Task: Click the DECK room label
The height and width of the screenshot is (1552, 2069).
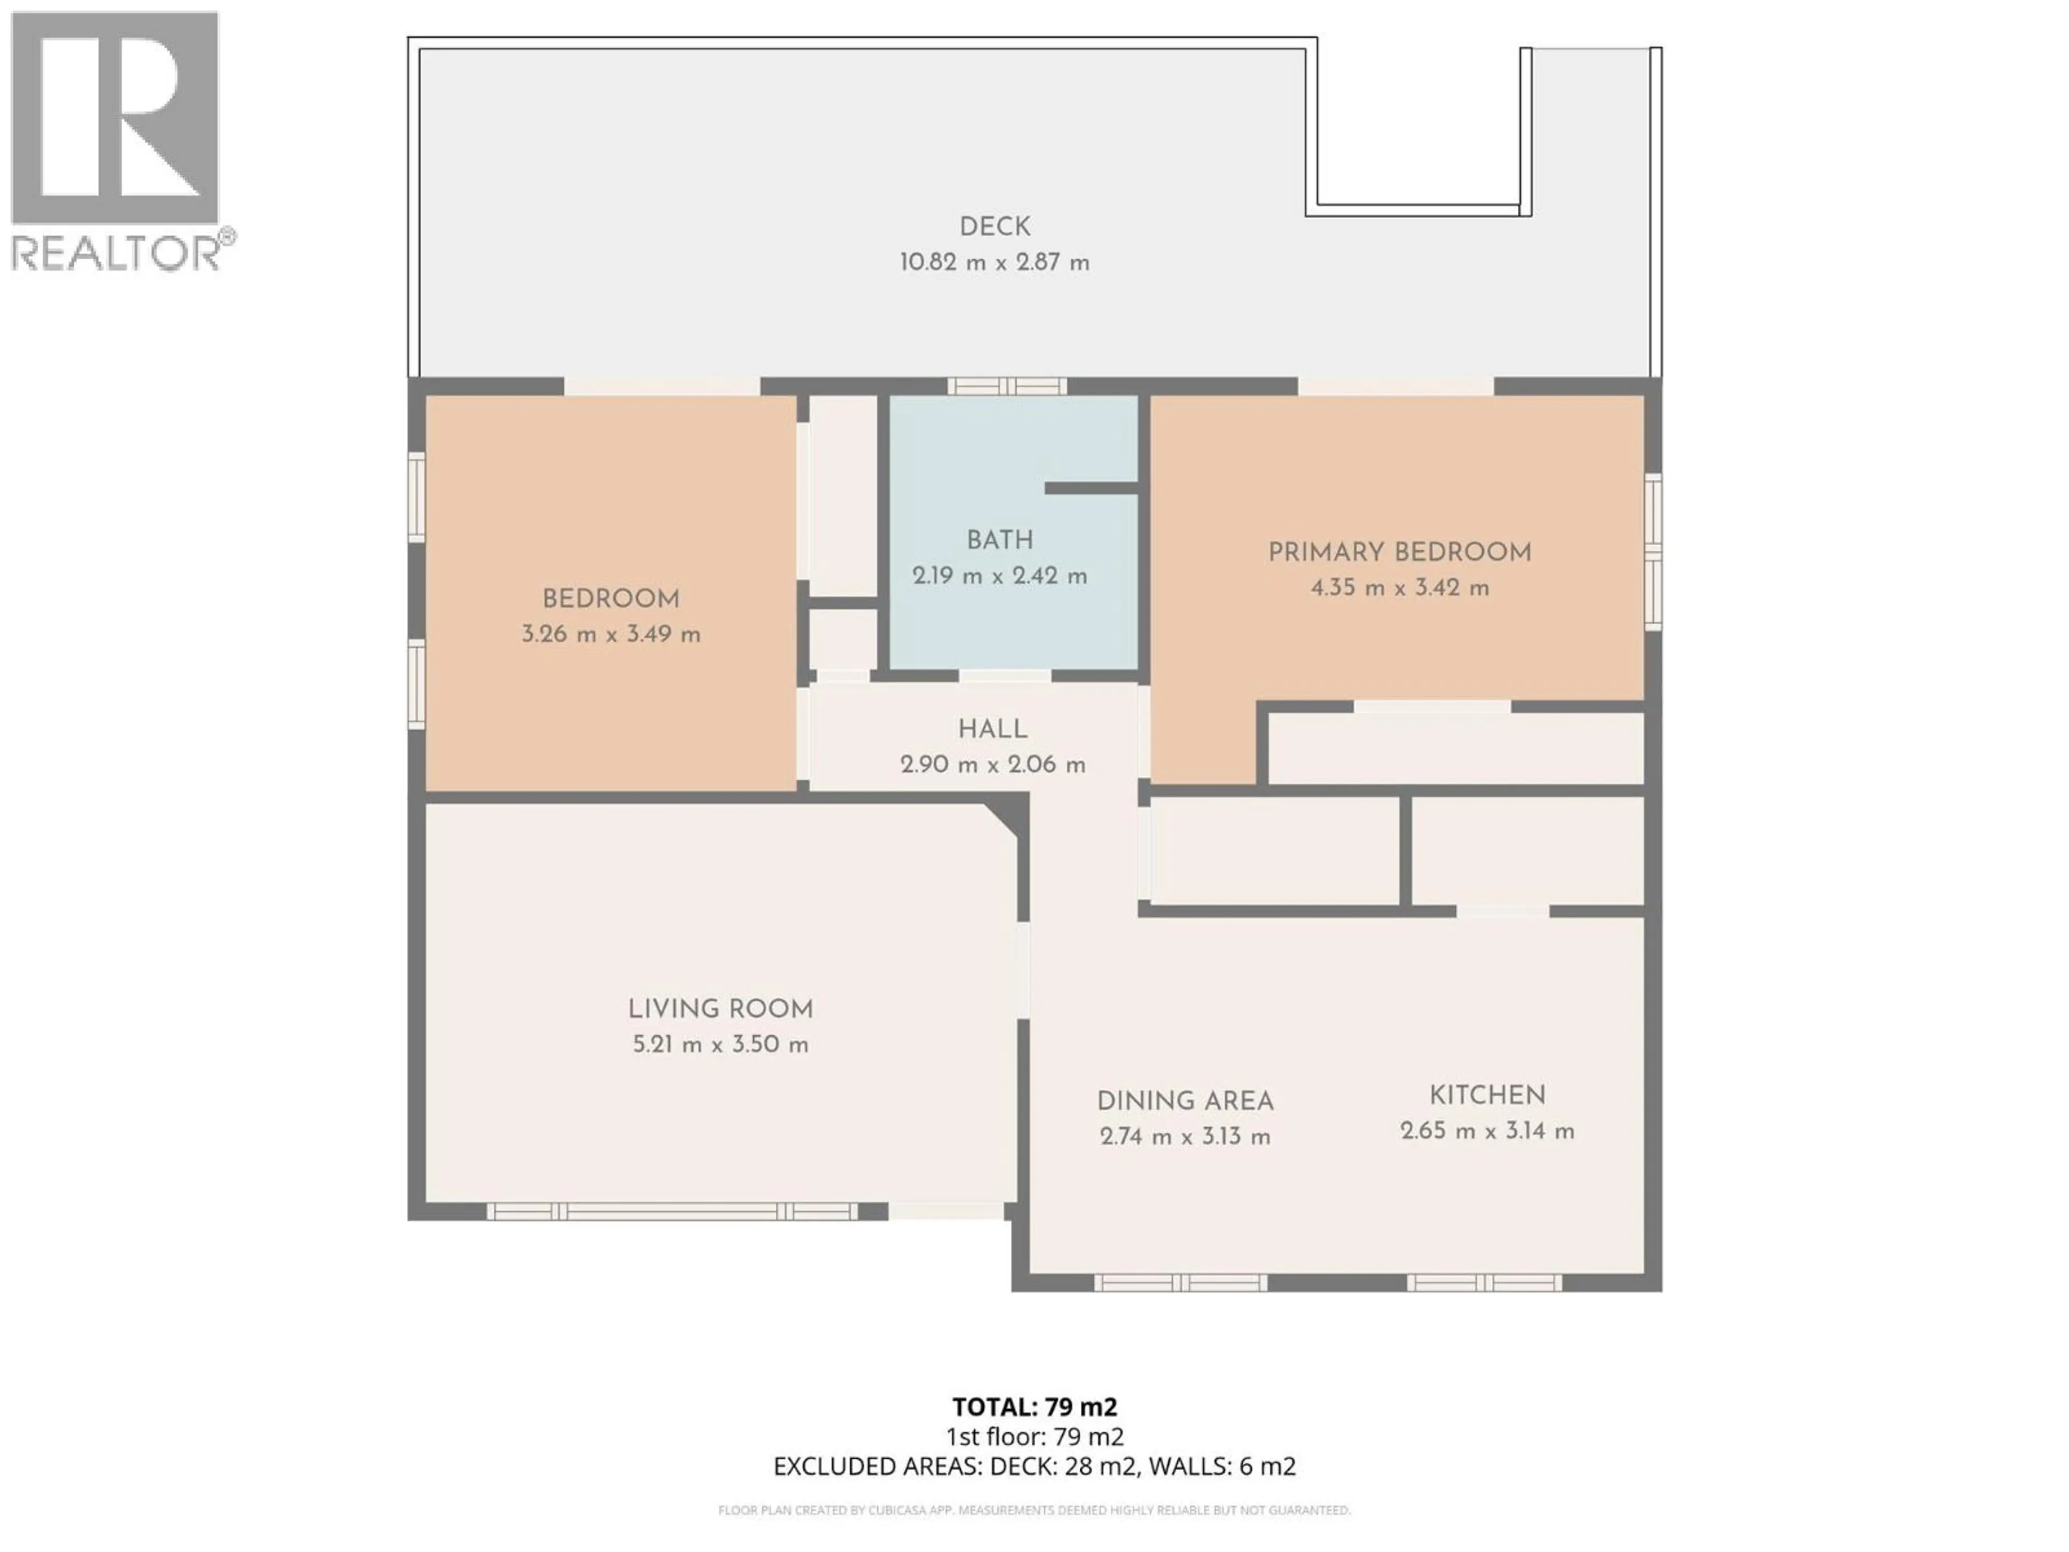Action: (994, 226)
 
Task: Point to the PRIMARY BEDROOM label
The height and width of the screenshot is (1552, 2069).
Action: (1399, 552)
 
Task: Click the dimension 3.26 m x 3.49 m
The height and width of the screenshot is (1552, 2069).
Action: (611, 634)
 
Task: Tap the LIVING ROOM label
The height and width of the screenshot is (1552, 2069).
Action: (720, 1008)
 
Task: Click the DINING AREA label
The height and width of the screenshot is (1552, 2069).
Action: (1185, 1101)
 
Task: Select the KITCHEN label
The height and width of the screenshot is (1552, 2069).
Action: (1487, 1094)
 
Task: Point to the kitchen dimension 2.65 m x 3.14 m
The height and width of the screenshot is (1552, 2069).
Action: (1487, 1131)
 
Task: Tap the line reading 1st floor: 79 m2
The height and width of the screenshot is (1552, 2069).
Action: (1034, 1437)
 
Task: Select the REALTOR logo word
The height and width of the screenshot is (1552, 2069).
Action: (115, 253)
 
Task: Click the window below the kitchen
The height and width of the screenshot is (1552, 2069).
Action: (1484, 1283)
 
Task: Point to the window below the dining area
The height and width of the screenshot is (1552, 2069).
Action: (1181, 1283)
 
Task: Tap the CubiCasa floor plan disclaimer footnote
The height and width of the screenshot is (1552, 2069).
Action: (1034, 1510)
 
